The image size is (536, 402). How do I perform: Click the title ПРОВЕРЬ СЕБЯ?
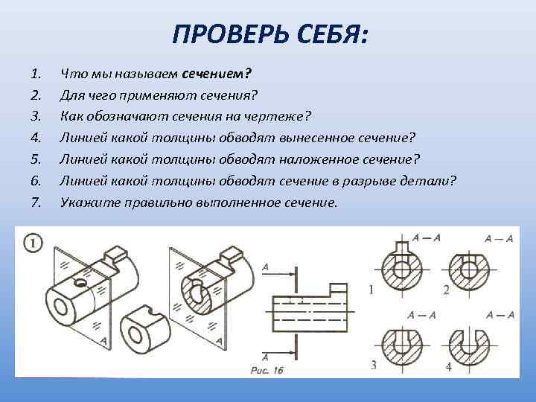click(269, 33)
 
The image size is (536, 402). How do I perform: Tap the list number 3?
click(35, 116)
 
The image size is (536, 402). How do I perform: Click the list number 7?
click(35, 201)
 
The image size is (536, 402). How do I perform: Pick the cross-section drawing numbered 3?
click(403, 344)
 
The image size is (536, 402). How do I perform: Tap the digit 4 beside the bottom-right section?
click(448, 366)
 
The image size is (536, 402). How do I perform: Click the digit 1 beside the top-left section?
click(371, 289)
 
